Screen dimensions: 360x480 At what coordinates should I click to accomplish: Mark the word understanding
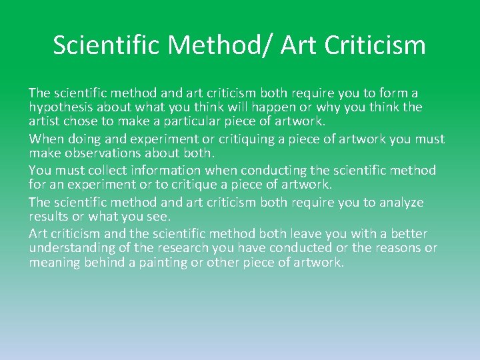click(72, 248)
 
